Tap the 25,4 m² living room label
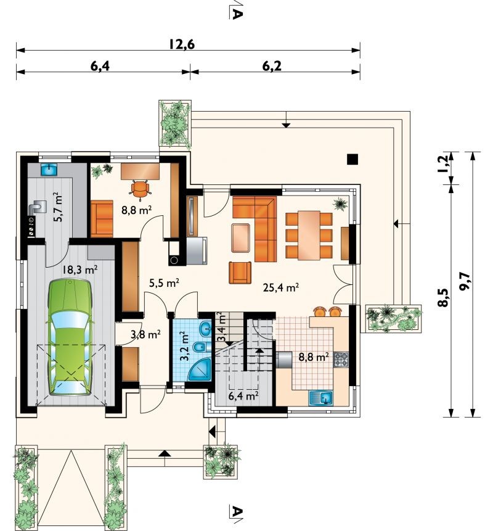click(x=280, y=287)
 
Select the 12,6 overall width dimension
click(x=182, y=44)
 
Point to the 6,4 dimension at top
click(x=100, y=66)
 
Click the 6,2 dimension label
click(x=272, y=66)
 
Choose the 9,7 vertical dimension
click(x=465, y=281)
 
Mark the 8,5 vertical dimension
click(x=442, y=297)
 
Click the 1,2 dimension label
click(x=442, y=163)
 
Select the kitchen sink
click(x=320, y=398)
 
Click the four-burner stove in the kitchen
click(x=341, y=360)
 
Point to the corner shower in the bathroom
click(x=199, y=370)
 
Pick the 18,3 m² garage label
click(x=80, y=270)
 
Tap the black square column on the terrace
click(x=352, y=159)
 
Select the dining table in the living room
click(x=309, y=235)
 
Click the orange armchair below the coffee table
click(x=240, y=272)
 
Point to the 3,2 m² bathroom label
click(x=185, y=347)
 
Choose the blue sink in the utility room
click(x=49, y=169)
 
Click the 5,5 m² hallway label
click(x=164, y=282)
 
